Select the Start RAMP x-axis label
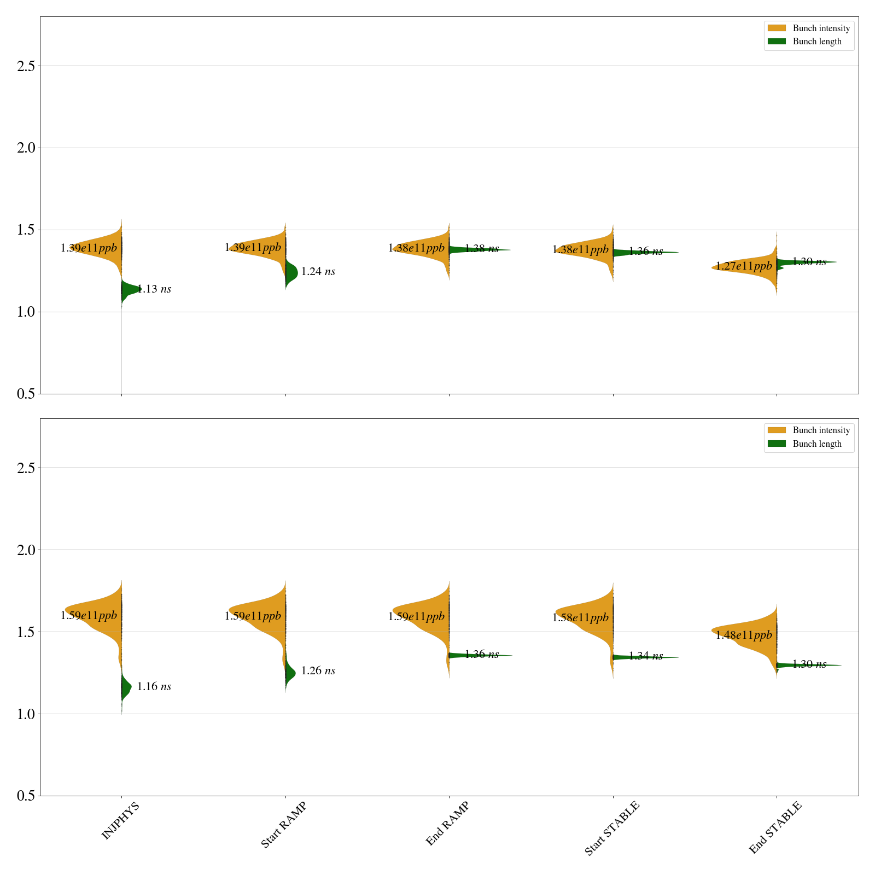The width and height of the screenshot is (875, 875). pyautogui.click(x=283, y=825)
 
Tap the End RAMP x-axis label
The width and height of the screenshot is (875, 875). pyautogui.click(x=447, y=824)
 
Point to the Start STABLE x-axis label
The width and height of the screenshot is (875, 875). pyautogui.click(x=611, y=828)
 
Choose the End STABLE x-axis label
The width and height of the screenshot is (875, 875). pyautogui.click(x=775, y=827)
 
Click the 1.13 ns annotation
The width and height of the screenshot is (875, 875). pyautogui.click(x=154, y=289)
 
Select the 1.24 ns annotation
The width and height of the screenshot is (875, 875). pyautogui.click(x=318, y=272)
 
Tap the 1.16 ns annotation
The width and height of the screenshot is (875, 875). pyautogui.click(x=154, y=687)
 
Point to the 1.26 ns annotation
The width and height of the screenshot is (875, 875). pyautogui.click(x=318, y=671)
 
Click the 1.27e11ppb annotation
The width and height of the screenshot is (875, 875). pyautogui.click(x=744, y=266)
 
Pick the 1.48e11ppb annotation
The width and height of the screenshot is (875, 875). pyautogui.click(x=744, y=635)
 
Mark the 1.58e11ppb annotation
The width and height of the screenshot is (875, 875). pyautogui.click(x=580, y=618)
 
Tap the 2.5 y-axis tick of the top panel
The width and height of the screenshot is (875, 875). pyautogui.click(x=26, y=66)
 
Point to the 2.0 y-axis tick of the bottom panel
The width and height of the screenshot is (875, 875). pyautogui.click(x=26, y=550)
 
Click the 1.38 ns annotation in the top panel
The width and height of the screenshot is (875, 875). pyautogui.click(x=482, y=249)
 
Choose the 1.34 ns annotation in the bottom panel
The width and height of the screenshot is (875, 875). pyautogui.click(x=646, y=656)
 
